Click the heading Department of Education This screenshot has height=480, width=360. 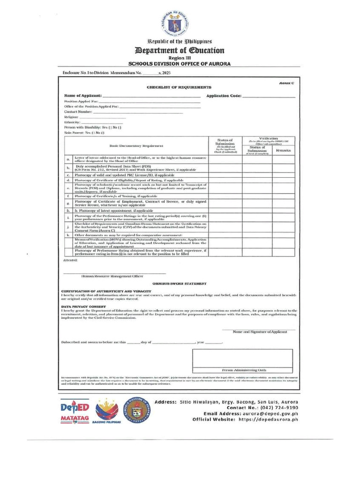[180, 50]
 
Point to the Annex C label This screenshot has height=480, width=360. [286, 82]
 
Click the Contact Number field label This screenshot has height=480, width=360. [77, 112]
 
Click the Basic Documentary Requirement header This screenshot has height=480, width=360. [136, 146]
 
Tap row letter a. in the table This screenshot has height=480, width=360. [68, 159]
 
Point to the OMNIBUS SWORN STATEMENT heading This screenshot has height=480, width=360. [179, 284]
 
